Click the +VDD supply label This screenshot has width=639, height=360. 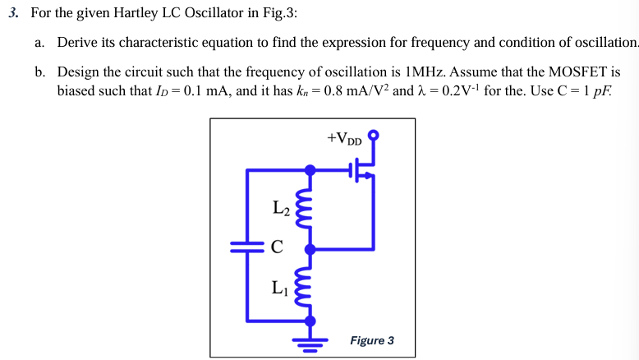click(344, 138)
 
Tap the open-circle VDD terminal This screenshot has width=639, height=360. click(375, 134)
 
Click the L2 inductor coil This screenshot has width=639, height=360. click(309, 210)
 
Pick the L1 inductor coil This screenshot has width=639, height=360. click(309, 284)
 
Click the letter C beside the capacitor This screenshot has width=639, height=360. click(277, 245)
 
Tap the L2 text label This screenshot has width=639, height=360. click(279, 208)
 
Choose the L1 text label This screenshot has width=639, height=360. click(279, 287)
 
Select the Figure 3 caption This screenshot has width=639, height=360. click(371, 340)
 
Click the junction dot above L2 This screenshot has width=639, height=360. click(310, 170)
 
